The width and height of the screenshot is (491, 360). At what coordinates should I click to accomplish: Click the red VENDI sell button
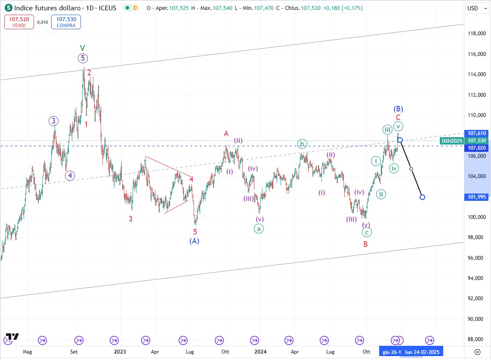[19, 22]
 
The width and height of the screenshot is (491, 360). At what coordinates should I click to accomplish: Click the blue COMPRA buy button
[65, 22]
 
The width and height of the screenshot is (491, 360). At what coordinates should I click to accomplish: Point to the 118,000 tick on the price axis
[476, 34]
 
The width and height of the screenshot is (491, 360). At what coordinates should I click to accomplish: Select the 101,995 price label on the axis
[476, 197]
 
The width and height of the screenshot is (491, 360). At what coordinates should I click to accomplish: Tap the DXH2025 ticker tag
[452, 141]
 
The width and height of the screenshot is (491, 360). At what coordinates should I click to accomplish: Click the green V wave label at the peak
[83, 48]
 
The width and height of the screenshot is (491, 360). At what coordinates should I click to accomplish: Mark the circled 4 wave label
[70, 175]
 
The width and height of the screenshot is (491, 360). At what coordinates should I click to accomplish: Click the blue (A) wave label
[194, 241]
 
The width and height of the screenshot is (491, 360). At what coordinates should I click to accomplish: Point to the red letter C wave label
[398, 117]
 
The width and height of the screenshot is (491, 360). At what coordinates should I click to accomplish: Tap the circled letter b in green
[303, 144]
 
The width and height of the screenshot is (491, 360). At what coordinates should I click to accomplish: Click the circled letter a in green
[259, 229]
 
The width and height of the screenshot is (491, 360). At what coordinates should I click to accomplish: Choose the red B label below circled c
[365, 244]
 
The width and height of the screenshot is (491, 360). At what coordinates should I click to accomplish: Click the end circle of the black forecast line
[422, 197]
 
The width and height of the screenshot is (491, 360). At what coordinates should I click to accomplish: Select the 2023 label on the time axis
[120, 352]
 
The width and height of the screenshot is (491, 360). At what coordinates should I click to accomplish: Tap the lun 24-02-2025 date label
[422, 352]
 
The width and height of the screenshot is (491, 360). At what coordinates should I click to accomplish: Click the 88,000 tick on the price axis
[476, 339]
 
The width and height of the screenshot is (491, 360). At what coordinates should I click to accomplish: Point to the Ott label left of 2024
[225, 352]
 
